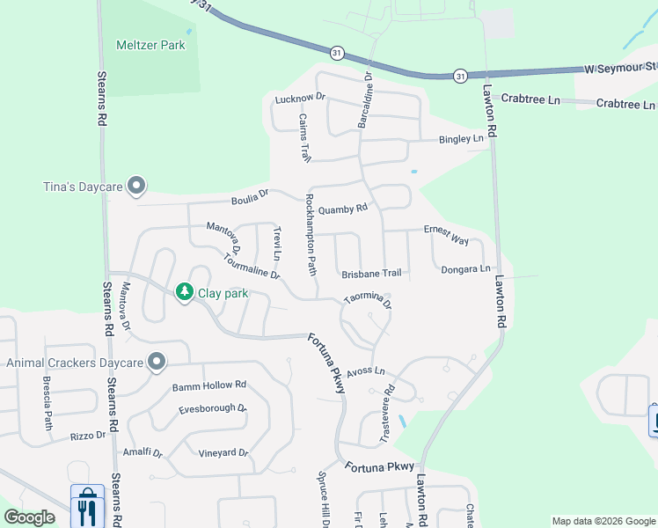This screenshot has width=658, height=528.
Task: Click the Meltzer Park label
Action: pos(150,45)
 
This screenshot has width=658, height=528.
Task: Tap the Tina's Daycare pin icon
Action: pos(135,186)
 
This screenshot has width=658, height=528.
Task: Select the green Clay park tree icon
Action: pos(184,291)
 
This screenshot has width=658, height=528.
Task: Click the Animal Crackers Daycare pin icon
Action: pos(157,362)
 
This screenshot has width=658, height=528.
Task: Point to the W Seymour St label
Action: pos(621,67)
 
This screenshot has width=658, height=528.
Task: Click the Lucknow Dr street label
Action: pos(300,99)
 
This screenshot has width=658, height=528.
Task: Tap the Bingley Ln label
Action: pos(462,139)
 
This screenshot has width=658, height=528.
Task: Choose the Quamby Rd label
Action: pos(342,209)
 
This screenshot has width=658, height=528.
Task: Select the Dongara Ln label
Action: pos(465,269)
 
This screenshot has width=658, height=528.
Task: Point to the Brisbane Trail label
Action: pos(371,274)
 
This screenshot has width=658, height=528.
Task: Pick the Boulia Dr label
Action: pos(249,196)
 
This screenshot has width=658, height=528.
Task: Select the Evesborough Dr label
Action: pos(213,409)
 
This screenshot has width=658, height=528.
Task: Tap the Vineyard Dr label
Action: pos(223,453)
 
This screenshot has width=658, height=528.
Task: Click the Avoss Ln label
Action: pos(366,371)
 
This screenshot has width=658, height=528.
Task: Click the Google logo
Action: pos(30,517)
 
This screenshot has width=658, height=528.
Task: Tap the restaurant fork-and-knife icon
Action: pos(86,508)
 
